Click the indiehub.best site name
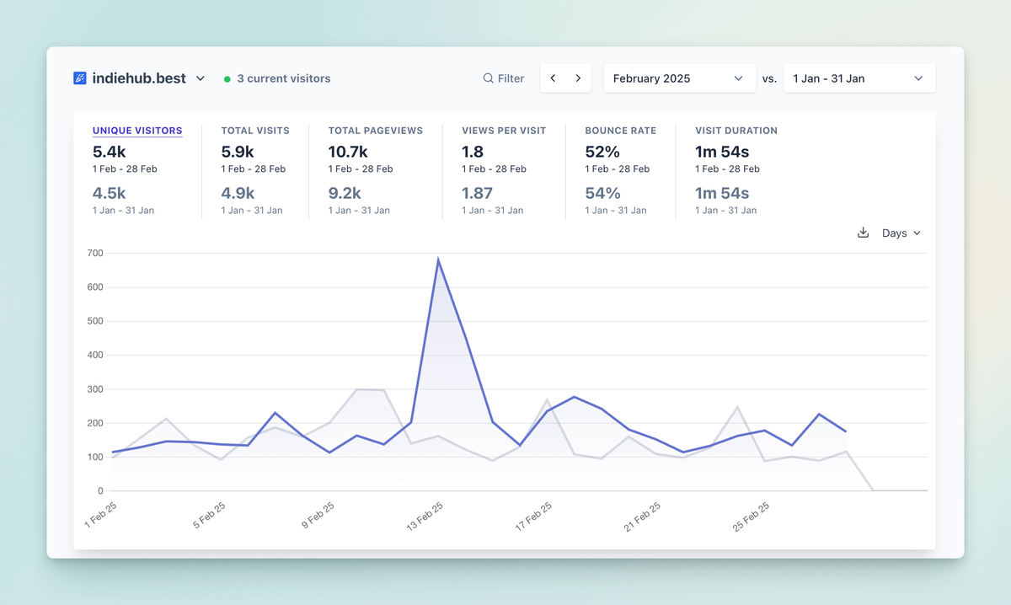pos(139,78)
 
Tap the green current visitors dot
pos(227,79)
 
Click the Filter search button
pos(504,78)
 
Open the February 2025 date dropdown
pos(678,78)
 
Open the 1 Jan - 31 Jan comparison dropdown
pos(859,78)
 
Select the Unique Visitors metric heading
pos(137,131)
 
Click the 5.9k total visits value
pos(238,152)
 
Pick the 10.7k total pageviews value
pos(348,152)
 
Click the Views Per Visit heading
pos(504,131)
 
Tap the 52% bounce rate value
pos(602,152)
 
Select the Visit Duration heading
pos(736,131)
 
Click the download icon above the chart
pos(863,233)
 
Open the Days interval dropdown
pos(901,233)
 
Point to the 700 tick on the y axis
pos(94,253)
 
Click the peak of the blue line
pos(438,260)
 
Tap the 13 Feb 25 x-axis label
pos(425,515)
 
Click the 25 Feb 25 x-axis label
pos(752,515)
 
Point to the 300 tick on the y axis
pos(94,389)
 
